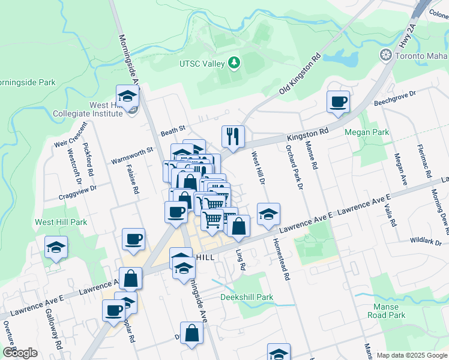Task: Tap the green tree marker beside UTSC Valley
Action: click(x=234, y=63)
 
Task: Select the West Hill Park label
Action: click(x=61, y=222)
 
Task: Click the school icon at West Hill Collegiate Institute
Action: click(x=127, y=96)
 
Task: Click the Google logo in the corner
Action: click(x=20, y=353)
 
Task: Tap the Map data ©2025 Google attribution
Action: click(x=411, y=355)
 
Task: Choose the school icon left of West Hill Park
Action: click(x=56, y=247)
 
